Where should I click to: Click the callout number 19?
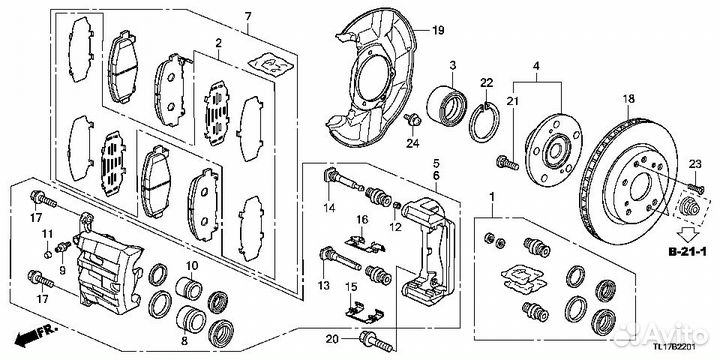[438, 31]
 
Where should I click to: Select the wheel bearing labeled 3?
[446, 104]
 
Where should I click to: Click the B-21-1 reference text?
[688, 252]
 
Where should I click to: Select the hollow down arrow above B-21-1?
[688, 234]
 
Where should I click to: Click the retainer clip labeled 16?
[365, 244]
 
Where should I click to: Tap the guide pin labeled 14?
[343, 180]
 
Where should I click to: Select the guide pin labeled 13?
[341, 259]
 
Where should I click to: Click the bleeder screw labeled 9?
[63, 248]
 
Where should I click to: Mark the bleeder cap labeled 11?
[47, 254]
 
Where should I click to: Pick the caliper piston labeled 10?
[189, 288]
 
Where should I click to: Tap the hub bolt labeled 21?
[507, 162]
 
